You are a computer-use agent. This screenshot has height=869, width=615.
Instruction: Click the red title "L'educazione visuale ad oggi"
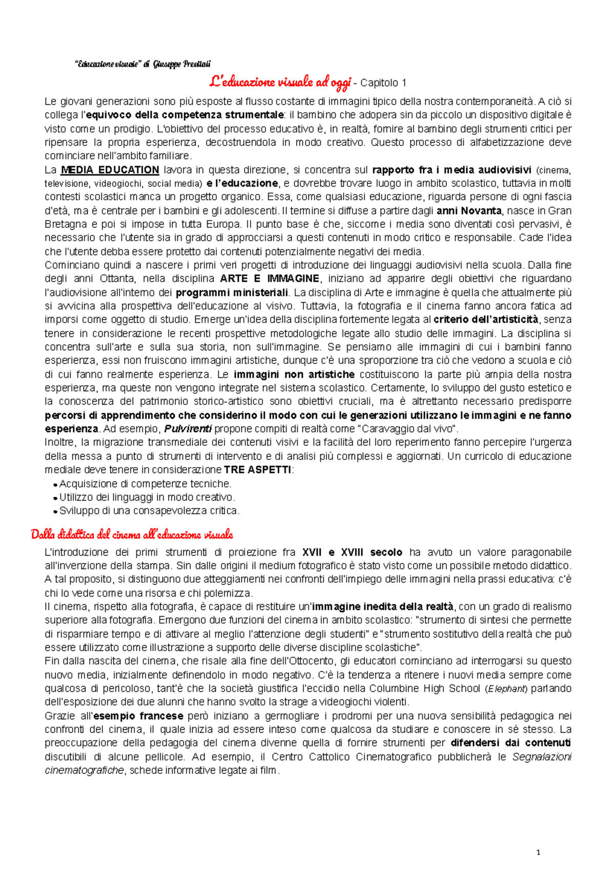(x=280, y=82)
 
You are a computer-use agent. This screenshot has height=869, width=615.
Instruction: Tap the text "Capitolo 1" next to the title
(x=384, y=83)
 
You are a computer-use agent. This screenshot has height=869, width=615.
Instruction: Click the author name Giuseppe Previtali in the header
(x=181, y=64)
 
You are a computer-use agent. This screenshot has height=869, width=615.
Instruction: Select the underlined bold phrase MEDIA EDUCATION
(x=110, y=169)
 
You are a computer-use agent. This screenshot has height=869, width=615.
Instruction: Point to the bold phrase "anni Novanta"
(x=468, y=210)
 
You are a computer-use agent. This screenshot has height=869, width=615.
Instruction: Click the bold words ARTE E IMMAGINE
(x=270, y=279)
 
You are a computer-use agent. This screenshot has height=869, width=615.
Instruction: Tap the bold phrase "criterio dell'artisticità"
(x=486, y=320)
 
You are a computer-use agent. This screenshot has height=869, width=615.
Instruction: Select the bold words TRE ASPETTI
(x=258, y=470)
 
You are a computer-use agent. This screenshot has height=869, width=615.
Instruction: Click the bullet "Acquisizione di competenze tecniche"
(x=145, y=483)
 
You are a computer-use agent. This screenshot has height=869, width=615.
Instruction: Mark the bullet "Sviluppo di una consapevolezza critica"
(x=149, y=511)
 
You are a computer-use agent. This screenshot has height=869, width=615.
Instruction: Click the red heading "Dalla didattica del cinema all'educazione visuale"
(x=132, y=535)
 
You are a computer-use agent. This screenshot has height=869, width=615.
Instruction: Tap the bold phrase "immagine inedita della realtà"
(x=383, y=607)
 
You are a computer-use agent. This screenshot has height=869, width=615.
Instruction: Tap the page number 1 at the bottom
(x=538, y=853)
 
